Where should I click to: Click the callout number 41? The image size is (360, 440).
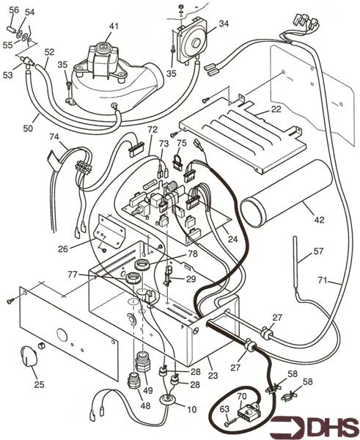[x=114, y=26]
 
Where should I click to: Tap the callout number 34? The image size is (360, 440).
[x=224, y=24]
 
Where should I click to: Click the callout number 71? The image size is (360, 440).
[x=335, y=281]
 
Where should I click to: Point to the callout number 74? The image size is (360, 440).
[x=54, y=137]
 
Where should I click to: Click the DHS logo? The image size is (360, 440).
[x=316, y=425]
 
